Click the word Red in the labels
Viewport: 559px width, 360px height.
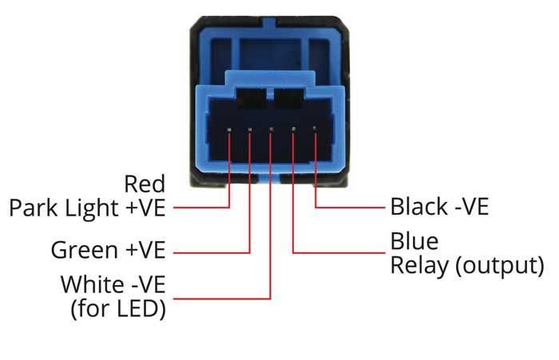click(145, 184)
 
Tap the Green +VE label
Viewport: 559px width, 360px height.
click(108, 250)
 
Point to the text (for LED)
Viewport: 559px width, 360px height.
click(118, 308)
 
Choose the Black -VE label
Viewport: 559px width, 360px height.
click(438, 208)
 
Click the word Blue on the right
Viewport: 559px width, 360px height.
click(414, 241)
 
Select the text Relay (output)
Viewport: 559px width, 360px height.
click(466, 265)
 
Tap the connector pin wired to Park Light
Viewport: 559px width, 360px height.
click(230, 129)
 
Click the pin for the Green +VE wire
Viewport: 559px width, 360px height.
click(250, 129)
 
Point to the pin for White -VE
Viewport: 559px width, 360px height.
click(272, 129)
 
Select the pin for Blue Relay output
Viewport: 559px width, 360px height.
click(294, 129)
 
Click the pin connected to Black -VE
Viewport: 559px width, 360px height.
click(315, 129)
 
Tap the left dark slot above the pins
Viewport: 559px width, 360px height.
click(252, 101)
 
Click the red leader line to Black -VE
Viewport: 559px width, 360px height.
click(351, 208)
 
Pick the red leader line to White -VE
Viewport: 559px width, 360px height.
click(224, 299)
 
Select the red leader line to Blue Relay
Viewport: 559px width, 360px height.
click(335, 253)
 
